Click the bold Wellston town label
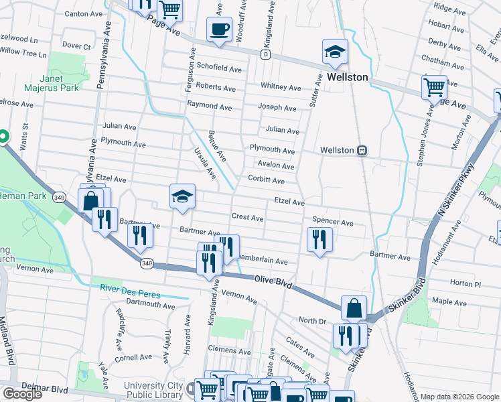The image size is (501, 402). (x=348, y=77)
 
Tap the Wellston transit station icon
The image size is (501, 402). (x=362, y=150)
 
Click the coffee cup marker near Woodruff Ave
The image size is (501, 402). (x=219, y=29)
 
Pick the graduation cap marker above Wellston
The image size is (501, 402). (x=334, y=50)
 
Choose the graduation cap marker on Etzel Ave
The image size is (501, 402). (x=182, y=196)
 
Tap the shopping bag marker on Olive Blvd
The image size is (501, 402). (x=354, y=308)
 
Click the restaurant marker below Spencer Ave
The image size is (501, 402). (x=319, y=240)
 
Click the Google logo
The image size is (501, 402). (x=22, y=393)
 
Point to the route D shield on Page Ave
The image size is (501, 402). (x=266, y=54)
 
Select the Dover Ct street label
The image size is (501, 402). (x=76, y=46)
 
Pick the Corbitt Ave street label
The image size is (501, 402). (x=267, y=180)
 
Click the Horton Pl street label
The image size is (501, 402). (x=462, y=283)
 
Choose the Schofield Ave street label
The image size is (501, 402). (x=219, y=68)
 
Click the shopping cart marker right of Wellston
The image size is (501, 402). (x=434, y=87)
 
